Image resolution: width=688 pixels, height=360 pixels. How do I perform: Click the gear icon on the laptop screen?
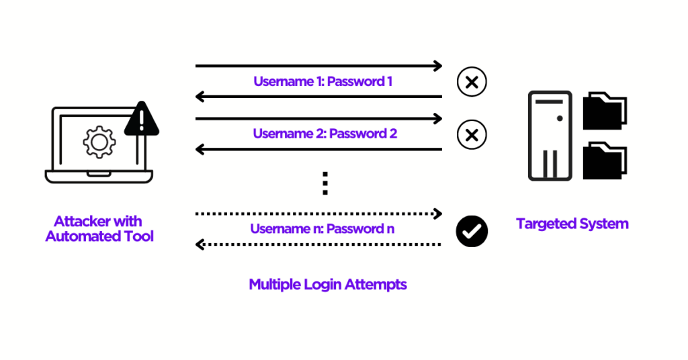(x=99, y=142)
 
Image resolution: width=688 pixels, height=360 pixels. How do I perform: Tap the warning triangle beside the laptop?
(x=141, y=119)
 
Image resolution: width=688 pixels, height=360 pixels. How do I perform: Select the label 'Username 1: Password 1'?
(x=322, y=82)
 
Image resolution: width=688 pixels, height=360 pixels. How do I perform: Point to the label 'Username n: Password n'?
(x=322, y=229)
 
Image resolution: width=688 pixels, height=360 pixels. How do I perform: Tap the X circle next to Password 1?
(x=472, y=83)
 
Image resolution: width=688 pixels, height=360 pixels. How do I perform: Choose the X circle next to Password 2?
(x=472, y=134)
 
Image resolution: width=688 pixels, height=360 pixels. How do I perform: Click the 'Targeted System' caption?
(x=572, y=224)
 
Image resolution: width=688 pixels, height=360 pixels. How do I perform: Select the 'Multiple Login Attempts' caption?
(x=328, y=284)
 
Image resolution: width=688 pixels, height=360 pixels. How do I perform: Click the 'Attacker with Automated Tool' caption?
(x=99, y=229)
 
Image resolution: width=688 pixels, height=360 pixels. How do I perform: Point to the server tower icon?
(x=550, y=136)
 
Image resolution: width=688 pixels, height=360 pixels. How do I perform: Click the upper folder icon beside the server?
(x=604, y=111)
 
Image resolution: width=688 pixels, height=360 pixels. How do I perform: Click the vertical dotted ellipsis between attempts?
(x=325, y=183)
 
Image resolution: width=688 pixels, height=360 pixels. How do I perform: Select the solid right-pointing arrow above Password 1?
(x=318, y=66)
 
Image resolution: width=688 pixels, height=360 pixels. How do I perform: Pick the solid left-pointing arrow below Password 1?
(x=318, y=97)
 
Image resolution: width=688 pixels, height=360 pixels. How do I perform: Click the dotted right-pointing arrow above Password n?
(x=318, y=214)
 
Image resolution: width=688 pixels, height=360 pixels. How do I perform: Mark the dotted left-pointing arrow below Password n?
(x=318, y=245)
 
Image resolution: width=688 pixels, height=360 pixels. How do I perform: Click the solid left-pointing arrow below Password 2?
(x=318, y=149)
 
